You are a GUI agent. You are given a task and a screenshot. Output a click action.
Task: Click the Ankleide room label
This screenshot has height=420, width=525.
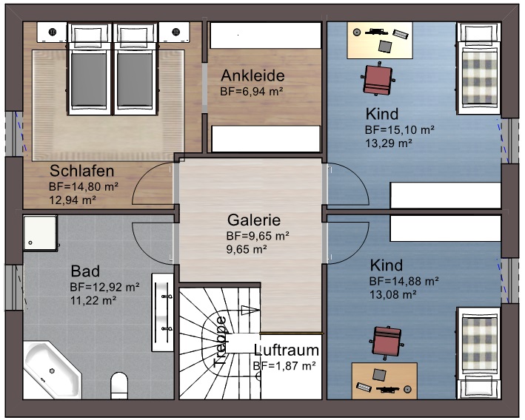252,75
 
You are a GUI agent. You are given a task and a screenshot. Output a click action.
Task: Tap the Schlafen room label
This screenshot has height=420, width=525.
81,171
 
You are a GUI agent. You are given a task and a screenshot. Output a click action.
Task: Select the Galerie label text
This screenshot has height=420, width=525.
254,220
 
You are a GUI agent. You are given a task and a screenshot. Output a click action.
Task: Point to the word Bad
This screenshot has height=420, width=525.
85,271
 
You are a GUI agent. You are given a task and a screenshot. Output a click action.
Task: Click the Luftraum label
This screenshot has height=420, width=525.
287,350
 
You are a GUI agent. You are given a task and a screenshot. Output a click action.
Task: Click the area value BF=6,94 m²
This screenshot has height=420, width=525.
252,92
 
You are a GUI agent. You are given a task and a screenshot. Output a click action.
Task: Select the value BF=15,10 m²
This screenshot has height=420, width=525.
399,129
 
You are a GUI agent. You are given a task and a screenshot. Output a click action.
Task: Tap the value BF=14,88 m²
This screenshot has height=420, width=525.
404,281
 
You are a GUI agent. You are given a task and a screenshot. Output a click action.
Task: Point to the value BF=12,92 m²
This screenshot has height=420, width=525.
105,286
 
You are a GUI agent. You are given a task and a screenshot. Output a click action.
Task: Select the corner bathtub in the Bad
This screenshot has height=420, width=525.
52,371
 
